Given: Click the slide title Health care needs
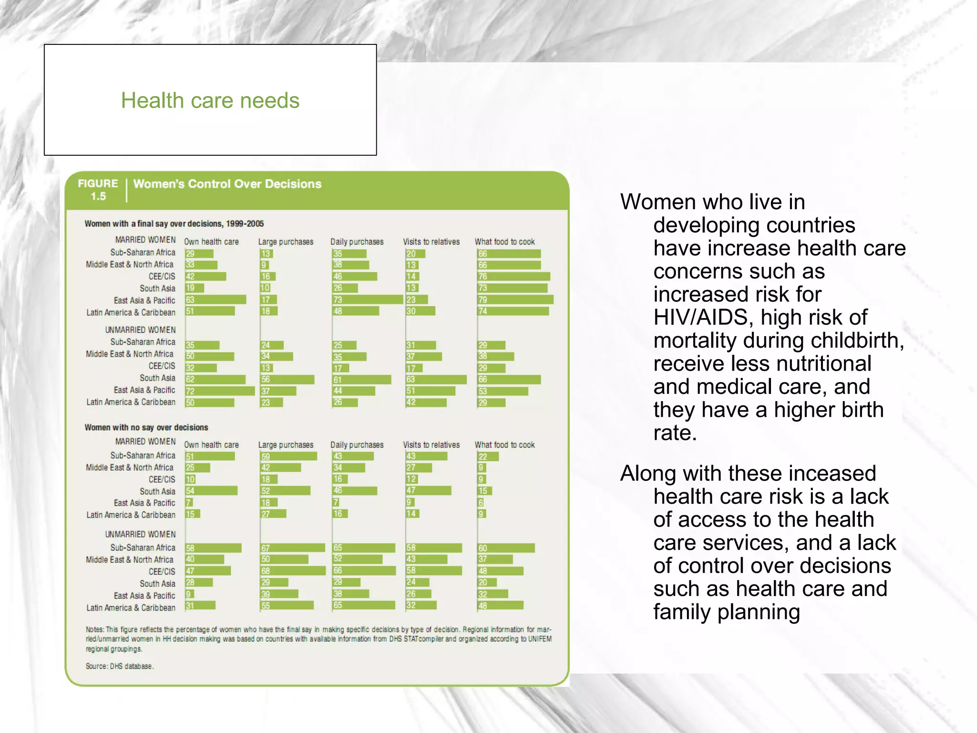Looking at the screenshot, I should pyautogui.click(x=210, y=101).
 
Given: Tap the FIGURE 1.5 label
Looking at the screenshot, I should pyautogui.click(x=98, y=190).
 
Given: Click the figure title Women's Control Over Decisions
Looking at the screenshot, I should pyautogui.click(x=227, y=184).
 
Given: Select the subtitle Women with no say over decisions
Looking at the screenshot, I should pyautogui.click(x=146, y=427).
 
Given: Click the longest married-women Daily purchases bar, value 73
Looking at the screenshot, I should pyautogui.click(x=367, y=299).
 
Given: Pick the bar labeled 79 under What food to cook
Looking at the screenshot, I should pyautogui.click(x=515, y=299).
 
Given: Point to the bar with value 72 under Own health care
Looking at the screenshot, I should pyautogui.click(x=220, y=391).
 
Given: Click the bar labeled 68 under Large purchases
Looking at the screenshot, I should pyautogui.click(x=293, y=571).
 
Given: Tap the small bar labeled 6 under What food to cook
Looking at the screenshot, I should pyautogui.click(x=481, y=502).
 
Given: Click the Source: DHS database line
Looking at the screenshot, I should pyautogui.click(x=119, y=666).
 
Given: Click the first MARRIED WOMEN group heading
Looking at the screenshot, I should pyautogui.click(x=145, y=240).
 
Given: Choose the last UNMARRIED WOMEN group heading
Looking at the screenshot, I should pyautogui.click(x=140, y=534).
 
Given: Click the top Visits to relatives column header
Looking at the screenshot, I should pyautogui.click(x=431, y=242).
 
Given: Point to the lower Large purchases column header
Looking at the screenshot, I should pyautogui.click(x=286, y=445).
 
